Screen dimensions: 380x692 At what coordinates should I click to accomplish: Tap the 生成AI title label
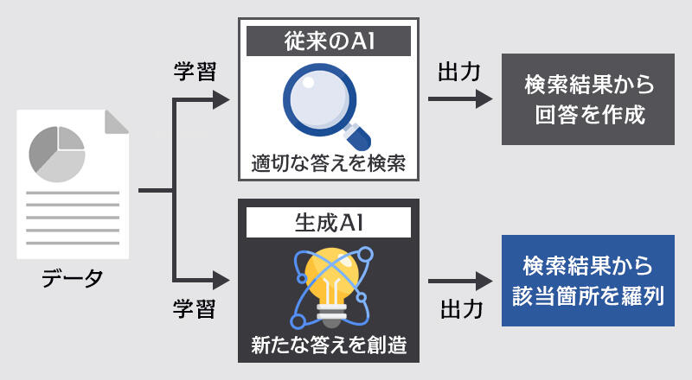click(x=328, y=223)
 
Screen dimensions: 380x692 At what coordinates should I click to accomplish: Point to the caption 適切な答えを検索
click(x=328, y=161)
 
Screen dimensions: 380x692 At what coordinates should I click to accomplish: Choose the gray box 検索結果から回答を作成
click(x=589, y=99)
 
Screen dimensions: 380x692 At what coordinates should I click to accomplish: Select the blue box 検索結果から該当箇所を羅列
click(x=589, y=282)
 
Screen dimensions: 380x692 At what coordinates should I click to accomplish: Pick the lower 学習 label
click(x=195, y=308)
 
